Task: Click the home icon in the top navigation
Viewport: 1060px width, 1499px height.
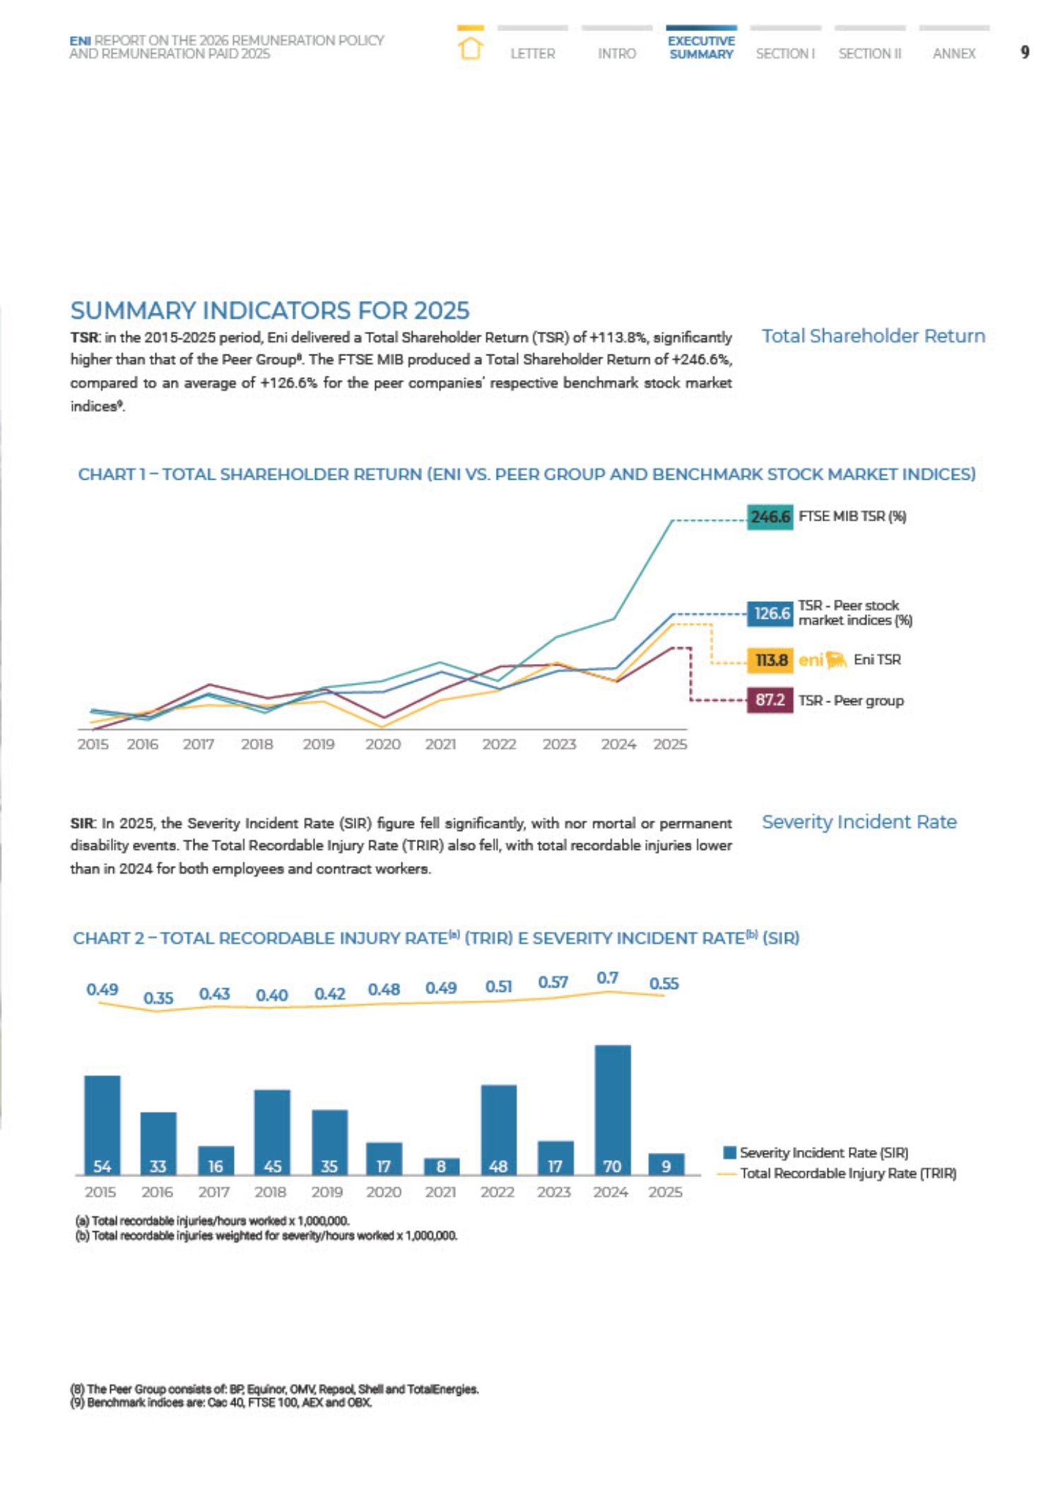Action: pyautogui.click(x=471, y=49)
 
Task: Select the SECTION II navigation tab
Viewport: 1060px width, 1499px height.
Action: pyautogui.click(x=870, y=54)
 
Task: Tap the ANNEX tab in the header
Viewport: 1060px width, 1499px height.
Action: pyautogui.click(x=954, y=54)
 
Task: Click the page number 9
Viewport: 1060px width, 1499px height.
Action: pyautogui.click(x=1025, y=52)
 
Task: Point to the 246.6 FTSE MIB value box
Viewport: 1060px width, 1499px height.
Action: pyautogui.click(x=770, y=517)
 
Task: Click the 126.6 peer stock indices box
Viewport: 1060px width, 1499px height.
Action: pyautogui.click(x=770, y=613)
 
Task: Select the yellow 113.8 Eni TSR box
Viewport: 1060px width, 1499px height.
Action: pyautogui.click(x=770, y=660)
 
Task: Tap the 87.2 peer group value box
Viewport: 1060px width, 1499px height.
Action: pyautogui.click(x=770, y=700)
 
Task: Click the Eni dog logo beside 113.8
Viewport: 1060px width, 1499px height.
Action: pyautogui.click(x=836, y=660)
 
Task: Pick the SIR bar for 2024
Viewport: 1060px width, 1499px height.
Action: pyautogui.click(x=613, y=1110)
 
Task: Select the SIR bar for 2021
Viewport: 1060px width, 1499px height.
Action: pyautogui.click(x=442, y=1166)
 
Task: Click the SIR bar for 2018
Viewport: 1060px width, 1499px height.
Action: pyautogui.click(x=272, y=1132)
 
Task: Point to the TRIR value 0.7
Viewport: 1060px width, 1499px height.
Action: pyautogui.click(x=608, y=978)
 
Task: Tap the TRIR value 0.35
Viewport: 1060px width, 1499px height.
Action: pyautogui.click(x=158, y=998)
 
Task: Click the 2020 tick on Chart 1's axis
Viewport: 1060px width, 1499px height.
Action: pyautogui.click(x=383, y=745)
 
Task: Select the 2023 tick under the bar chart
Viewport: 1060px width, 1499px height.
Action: pyautogui.click(x=554, y=1192)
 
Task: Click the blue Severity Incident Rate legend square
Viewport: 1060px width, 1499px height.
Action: pyautogui.click(x=730, y=1152)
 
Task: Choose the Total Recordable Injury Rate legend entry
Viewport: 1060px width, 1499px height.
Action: pyautogui.click(x=837, y=1173)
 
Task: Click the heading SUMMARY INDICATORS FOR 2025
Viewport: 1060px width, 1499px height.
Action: pyautogui.click(x=270, y=311)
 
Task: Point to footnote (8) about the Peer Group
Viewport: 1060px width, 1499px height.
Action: pyautogui.click(x=274, y=1389)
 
